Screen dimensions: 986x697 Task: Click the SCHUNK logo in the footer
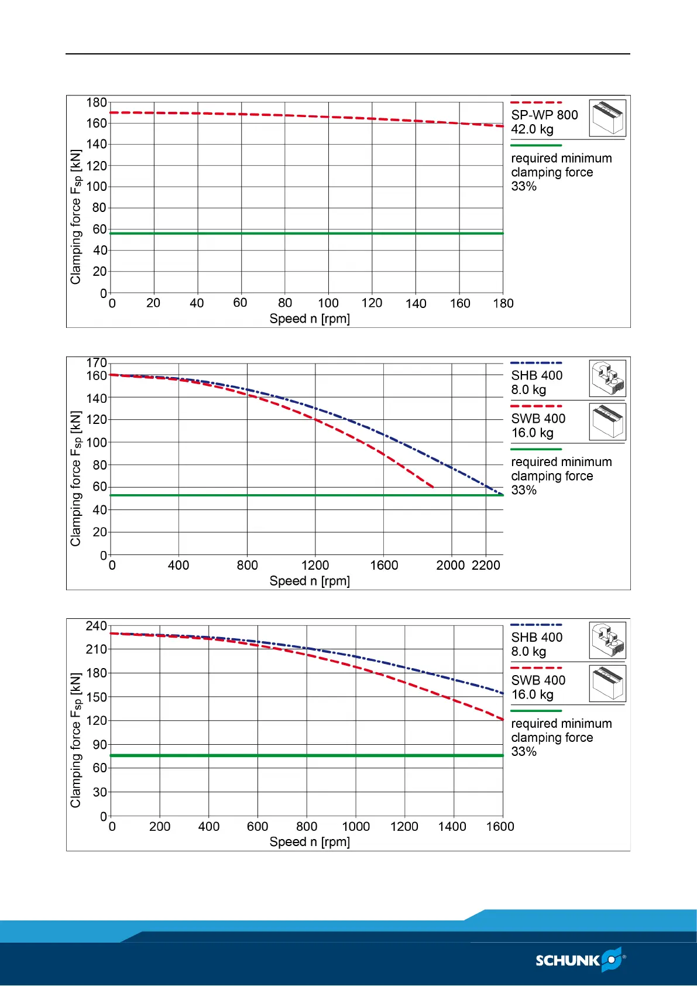(x=580, y=960)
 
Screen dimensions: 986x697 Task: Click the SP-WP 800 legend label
(x=544, y=115)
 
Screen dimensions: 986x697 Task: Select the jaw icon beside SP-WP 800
(x=607, y=118)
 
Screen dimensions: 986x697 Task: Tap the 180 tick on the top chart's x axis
(x=503, y=303)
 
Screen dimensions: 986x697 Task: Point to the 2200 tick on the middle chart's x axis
(x=486, y=565)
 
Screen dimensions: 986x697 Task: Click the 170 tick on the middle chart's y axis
(x=97, y=363)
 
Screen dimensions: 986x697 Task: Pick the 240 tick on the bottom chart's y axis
(x=97, y=626)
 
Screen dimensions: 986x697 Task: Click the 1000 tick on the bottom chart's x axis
(x=356, y=826)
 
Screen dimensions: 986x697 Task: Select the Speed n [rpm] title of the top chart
(x=310, y=319)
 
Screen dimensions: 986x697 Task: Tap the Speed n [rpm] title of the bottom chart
(x=310, y=841)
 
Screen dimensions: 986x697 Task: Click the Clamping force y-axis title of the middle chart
(x=76, y=478)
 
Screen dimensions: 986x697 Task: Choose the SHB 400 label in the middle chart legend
(x=537, y=375)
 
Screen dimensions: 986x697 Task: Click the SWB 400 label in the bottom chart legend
(x=538, y=680)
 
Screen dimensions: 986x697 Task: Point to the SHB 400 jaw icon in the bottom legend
(x=607, y=641)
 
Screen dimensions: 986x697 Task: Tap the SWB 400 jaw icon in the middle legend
(x=607, y=422)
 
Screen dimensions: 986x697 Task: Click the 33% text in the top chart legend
(x=524, y=186)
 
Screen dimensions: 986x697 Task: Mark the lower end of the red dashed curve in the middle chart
(x=432, y=487)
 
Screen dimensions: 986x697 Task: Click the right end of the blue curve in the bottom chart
(x=503, y=693)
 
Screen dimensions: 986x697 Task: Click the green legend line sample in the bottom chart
(x=536, y=711)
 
